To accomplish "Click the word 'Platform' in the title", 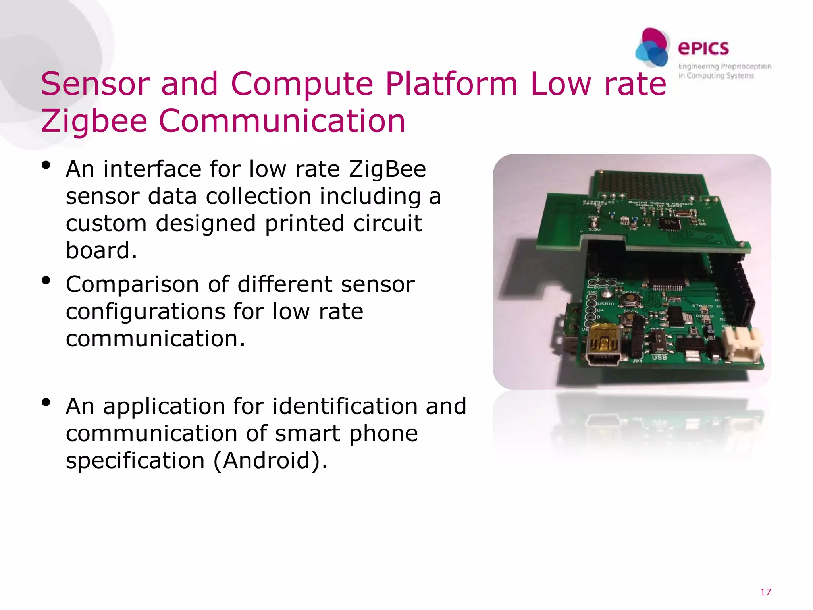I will pos(451,84).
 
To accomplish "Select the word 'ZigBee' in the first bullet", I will pos(387,169).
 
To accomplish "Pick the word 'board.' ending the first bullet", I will pos(101,250).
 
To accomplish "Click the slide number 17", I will pos(765,592).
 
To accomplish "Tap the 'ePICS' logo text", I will pos(703,48).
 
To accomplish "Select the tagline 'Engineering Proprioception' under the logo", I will pos(724,66).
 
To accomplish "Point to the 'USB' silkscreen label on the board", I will pos(659,357).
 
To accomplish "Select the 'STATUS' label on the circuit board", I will pos(702,306).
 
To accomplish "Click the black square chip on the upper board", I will pos(669,224).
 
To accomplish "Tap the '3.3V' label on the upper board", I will pos(594,229).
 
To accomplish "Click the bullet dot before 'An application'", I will pos(46,403).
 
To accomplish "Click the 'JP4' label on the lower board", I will pos(637,361).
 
